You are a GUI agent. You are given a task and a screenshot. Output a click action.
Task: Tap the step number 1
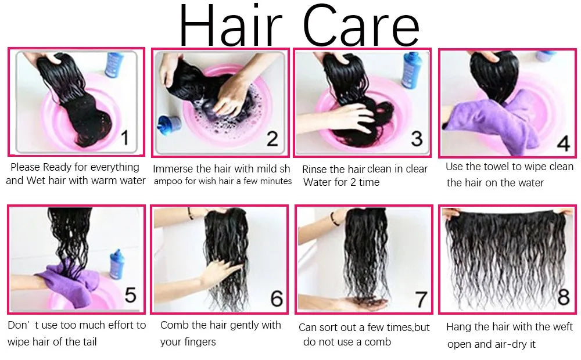pos(125,138)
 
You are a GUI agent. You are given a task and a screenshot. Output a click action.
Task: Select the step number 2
pos(272,139)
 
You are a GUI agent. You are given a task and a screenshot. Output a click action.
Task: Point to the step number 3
pos(417,139)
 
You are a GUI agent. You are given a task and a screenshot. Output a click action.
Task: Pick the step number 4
pos(563,143)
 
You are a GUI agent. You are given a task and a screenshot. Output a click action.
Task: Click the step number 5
pos(130,295)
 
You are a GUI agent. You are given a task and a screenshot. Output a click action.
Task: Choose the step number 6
pos(277,298)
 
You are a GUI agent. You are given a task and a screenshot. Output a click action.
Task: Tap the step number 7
pos(421,299)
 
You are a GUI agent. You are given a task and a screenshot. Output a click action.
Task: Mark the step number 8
pos(563,296)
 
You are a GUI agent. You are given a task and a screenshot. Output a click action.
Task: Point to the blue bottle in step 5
pos(117,264)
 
